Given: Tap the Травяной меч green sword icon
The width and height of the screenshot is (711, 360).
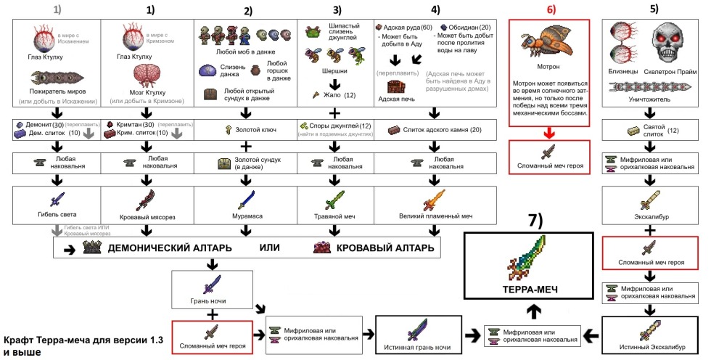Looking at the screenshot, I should tap(336, 199).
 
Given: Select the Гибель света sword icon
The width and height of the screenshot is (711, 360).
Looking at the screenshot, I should tap(57, 200).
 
